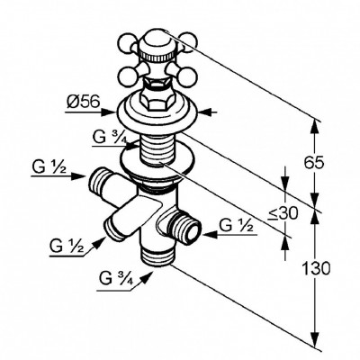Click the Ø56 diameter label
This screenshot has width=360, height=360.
click(83, 103)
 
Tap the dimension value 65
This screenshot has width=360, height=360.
click(314, 163)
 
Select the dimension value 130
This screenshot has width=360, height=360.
click(316, 268)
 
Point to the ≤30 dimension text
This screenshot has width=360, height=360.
click(283, 213)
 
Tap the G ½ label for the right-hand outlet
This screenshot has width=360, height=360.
click(236, 225)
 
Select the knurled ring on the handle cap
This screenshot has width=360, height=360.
click(157, 56)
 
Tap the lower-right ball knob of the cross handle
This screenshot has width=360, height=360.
click(186, 76)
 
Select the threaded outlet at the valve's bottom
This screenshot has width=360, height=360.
click(157, 255)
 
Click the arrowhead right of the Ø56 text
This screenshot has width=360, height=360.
click(109, 112)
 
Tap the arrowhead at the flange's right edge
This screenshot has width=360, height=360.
click(206, 112)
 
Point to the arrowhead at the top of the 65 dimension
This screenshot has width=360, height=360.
click(314, 126)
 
